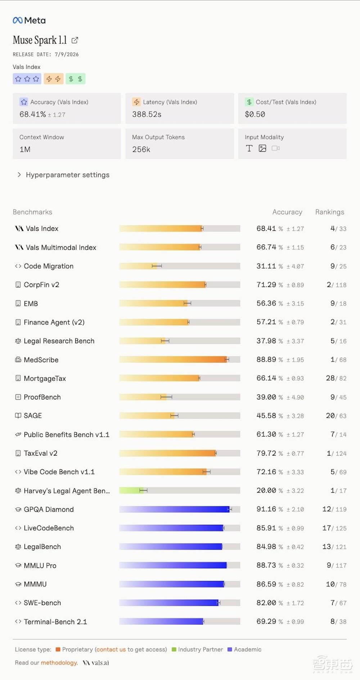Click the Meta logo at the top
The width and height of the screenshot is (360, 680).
coord(29,21)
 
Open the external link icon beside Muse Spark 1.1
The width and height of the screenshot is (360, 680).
coord(75,40)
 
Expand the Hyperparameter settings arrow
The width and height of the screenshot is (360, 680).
coord(19,175)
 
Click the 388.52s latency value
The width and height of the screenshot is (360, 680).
coord(147,115)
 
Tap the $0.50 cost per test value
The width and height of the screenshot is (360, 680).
coord(255,115)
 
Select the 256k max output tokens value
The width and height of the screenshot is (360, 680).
coord(141,149)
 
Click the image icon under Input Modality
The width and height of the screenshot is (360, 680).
coord(262,148)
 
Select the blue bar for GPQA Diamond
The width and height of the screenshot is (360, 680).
coord(175,509)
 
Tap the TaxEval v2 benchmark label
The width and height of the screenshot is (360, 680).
coord(40,453)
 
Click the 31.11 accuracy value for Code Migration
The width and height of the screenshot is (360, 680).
coord(266,266)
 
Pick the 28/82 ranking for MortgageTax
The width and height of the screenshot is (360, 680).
coord(336,378)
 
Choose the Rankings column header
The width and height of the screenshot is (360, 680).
coord(330,212)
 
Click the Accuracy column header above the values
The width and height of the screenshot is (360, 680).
coord(287,212)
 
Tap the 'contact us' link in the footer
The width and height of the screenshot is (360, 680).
coord(111,649)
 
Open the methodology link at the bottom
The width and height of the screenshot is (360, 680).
coord(59,663)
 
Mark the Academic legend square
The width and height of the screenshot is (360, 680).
coord(230,649)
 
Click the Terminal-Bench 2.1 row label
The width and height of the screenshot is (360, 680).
coord(55,622)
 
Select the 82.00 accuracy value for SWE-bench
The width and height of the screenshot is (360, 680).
coord(266,603)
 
